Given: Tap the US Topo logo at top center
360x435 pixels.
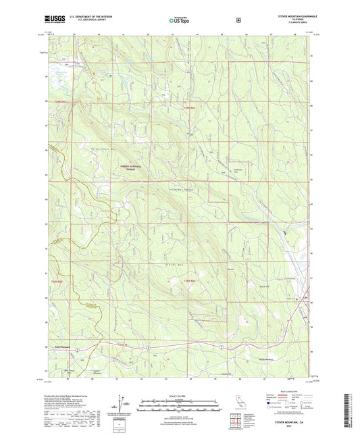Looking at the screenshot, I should [179, 21].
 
